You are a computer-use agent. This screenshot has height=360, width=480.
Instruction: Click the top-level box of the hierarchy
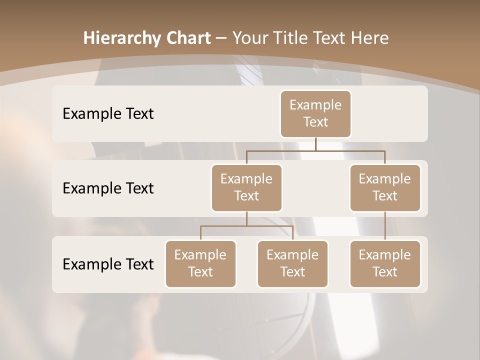tap(315, 114)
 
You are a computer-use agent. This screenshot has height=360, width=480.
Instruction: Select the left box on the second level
tap(246, 188)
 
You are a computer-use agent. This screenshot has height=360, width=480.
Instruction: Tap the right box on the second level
tap(385, 188)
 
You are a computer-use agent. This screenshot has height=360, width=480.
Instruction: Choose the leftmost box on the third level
tap(200, 264)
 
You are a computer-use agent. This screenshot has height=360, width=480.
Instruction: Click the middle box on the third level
tap(292, 264)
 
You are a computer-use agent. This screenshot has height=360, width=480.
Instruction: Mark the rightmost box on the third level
tap(385, 264)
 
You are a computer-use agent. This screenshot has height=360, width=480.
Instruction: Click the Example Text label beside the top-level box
tap(108, 114)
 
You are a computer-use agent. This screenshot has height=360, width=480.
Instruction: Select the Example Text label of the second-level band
tap(108, 188)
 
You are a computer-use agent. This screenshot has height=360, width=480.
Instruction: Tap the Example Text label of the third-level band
tap(108, 264)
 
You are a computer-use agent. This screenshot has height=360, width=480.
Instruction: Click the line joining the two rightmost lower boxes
tap(385, 226)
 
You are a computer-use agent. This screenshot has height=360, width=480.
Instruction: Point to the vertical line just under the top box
tap(315, 144)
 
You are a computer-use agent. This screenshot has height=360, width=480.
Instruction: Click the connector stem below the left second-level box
tap(246, 218)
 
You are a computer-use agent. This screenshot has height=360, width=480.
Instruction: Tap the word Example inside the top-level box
tap(315, 105)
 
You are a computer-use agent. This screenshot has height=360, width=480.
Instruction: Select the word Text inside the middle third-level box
tap(292, 272)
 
